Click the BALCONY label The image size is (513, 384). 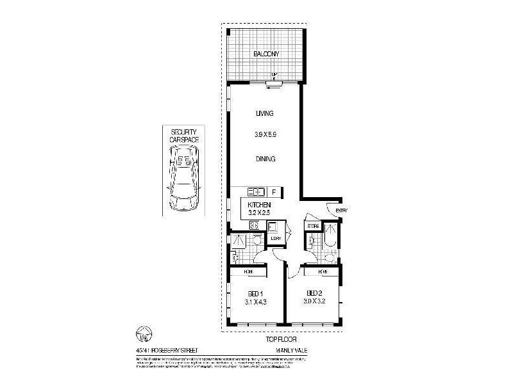[x=265, y=55]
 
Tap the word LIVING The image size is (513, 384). [x=265, y=113]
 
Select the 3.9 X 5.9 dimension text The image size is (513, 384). [x=265, y=135]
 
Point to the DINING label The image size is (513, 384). [x=265, y=159]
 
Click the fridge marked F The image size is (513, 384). [x=274, y=191]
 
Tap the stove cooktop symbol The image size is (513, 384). [x=253, y=225]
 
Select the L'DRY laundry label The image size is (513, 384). [x=275, y=238]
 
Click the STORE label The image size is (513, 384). [x=312, y=226]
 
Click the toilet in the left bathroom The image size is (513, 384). [x=256, y=240]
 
